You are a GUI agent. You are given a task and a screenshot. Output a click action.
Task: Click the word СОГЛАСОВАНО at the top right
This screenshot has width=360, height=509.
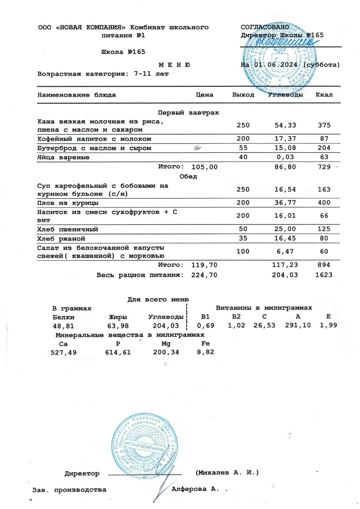265,27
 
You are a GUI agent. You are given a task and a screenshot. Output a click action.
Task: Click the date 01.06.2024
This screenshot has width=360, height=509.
276,65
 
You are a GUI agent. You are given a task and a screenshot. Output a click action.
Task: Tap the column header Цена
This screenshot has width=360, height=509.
204,95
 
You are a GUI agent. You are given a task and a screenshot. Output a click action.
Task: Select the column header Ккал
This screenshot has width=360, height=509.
324,95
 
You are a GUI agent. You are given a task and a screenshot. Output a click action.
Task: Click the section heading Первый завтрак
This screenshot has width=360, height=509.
188,113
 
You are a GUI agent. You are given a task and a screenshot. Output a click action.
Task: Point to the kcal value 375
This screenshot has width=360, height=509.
324,125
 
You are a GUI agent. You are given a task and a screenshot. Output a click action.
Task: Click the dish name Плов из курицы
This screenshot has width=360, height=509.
68,203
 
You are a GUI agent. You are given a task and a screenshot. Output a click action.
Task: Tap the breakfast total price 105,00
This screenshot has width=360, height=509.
204,167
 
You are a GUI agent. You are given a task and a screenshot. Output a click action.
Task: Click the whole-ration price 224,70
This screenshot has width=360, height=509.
204,275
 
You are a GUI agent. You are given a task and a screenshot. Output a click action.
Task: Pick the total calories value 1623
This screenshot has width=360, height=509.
323,275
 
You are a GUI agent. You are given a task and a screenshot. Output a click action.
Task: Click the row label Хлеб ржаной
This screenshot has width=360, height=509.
61,239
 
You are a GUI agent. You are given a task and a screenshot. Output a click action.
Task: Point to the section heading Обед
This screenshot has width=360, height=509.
188,176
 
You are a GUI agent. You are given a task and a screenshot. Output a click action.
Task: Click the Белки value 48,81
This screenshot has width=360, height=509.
64,326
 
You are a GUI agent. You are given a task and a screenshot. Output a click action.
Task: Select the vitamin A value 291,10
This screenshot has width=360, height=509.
298,326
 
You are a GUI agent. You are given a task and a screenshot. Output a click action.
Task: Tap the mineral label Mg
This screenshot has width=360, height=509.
166,344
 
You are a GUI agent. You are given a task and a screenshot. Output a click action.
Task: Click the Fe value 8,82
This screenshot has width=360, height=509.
205,352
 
